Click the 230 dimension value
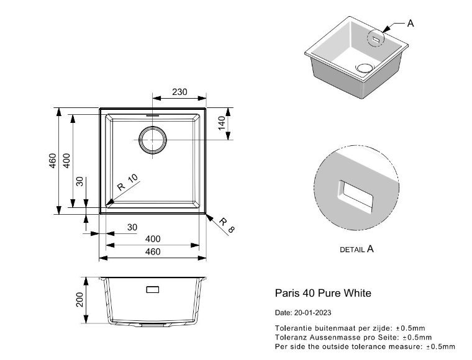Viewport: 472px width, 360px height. click(x=179, y=92)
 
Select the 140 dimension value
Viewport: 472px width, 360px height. click(x=220, y=124)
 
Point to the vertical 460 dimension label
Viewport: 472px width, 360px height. click(x=53, y=161)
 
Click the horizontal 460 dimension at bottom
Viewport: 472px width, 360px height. click(x=153, y=251)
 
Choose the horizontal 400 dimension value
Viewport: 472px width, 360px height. click(x=153, y=239)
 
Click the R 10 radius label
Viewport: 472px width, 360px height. click(x=128, y=183)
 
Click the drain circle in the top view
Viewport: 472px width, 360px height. click(x=153, y=140)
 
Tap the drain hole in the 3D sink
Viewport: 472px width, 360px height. click(x=364, y=67)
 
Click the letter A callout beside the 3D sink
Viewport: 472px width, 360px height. click(x=411, y=24)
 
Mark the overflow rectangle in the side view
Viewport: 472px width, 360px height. click(x=152, y=290)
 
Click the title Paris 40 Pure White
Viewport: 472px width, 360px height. click(x=323, y=292)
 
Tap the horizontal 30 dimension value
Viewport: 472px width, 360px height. click(x=132, y=227)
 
